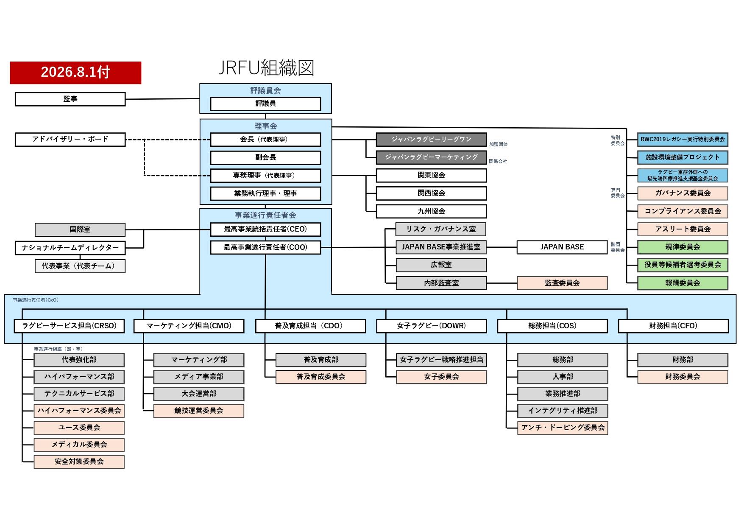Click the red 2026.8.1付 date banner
[75, 73]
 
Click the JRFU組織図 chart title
[266, 68]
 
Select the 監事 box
[70, 99]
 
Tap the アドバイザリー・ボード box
[70, 140]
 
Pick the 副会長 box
[266, 158]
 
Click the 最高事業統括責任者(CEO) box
[266, 229]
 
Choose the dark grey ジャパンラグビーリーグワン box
[431, 140]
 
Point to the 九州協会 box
[431, 211]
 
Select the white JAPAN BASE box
[562, 247]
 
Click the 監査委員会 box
[562, 283]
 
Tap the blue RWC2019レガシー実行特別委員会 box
[683, 140]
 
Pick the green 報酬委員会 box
[683, 283]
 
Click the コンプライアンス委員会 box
[683, 211]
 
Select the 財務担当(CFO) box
[673, 326]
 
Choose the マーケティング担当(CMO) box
[189, 326]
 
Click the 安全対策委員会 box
[79, 462]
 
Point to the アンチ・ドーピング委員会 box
[563, 428]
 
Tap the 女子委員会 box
[441, 377]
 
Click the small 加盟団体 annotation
[498, 144]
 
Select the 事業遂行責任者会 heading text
[265, 215]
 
